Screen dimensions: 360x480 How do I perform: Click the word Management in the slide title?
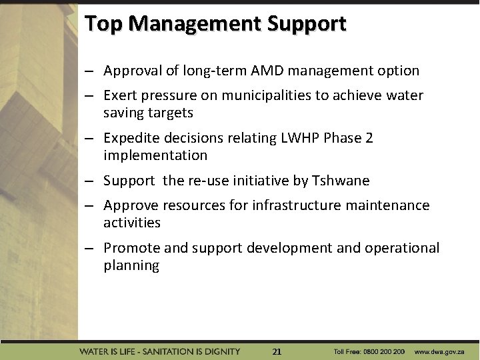tap(195, 24)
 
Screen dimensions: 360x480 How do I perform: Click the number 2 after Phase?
tap(369, 138)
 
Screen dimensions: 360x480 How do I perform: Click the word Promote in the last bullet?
tap(131, 248)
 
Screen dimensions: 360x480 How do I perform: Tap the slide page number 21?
tap(277, 351)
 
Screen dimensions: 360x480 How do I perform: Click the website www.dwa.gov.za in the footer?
tap(443, 351)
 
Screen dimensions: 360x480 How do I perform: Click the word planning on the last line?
tap(131, 265)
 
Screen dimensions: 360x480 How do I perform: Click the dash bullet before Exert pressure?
tap(88, 96)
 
